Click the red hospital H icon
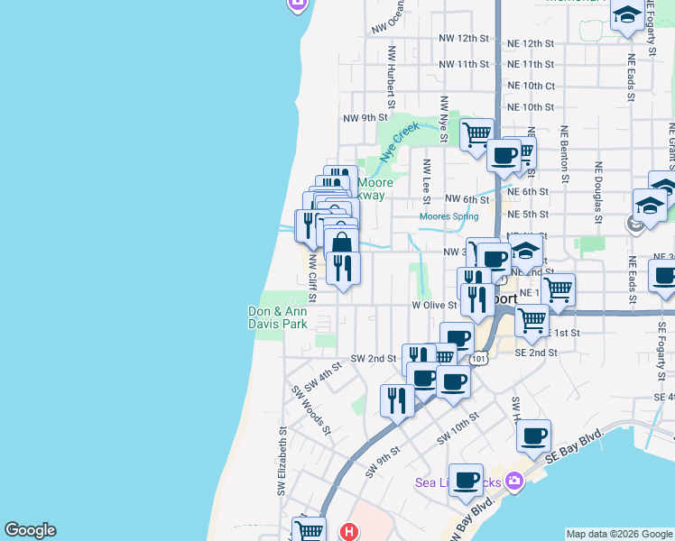click(x=349, y=532)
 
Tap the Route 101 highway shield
click(x=479, y=359)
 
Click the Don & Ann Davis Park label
click(x=278, y=317)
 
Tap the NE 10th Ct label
click(x=531, y=86)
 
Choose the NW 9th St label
click(x=365, y=118)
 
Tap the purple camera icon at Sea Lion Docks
click(x=514, y=481)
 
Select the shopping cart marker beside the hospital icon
click(x=309, y=530)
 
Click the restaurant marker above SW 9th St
click(x=397, y=398)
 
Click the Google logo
click(x=30, y=530)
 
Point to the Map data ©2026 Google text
click(x=619, y=534)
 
